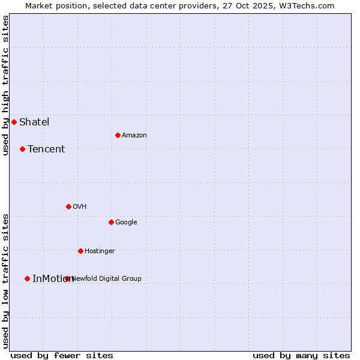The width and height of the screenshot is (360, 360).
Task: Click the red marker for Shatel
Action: click(14, 122)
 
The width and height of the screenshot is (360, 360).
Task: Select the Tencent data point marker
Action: click(22, 149)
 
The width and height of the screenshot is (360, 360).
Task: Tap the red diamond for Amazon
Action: click(118, 135)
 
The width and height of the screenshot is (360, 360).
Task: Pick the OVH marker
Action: click(68, 206)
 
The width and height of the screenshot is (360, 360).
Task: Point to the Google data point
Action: click(111, 222)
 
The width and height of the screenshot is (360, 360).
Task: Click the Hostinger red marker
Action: click(80, 251)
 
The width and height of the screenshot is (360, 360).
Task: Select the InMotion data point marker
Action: click(27, 278)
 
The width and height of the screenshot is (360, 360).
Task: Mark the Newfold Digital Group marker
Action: click(67, 278)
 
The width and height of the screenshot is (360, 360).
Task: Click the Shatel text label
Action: click(34, 122)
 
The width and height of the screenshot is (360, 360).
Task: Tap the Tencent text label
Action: click(46, 149)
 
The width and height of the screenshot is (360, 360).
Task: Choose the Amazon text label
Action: click(134, 135)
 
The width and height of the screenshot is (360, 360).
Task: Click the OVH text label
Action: click(80, 206)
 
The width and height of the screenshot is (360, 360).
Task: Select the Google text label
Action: click(126, 222)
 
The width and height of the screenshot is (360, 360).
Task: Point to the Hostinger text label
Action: click(100, 251)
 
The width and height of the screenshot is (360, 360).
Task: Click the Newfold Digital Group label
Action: click(107, 278)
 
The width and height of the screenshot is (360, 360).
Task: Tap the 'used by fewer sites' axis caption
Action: click(62, 355)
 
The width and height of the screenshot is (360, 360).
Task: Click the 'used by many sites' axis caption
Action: click(301, 355)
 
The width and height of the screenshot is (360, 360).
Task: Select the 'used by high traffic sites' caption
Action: click(5, 85)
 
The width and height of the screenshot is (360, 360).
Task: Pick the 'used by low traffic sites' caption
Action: click(5, 281)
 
